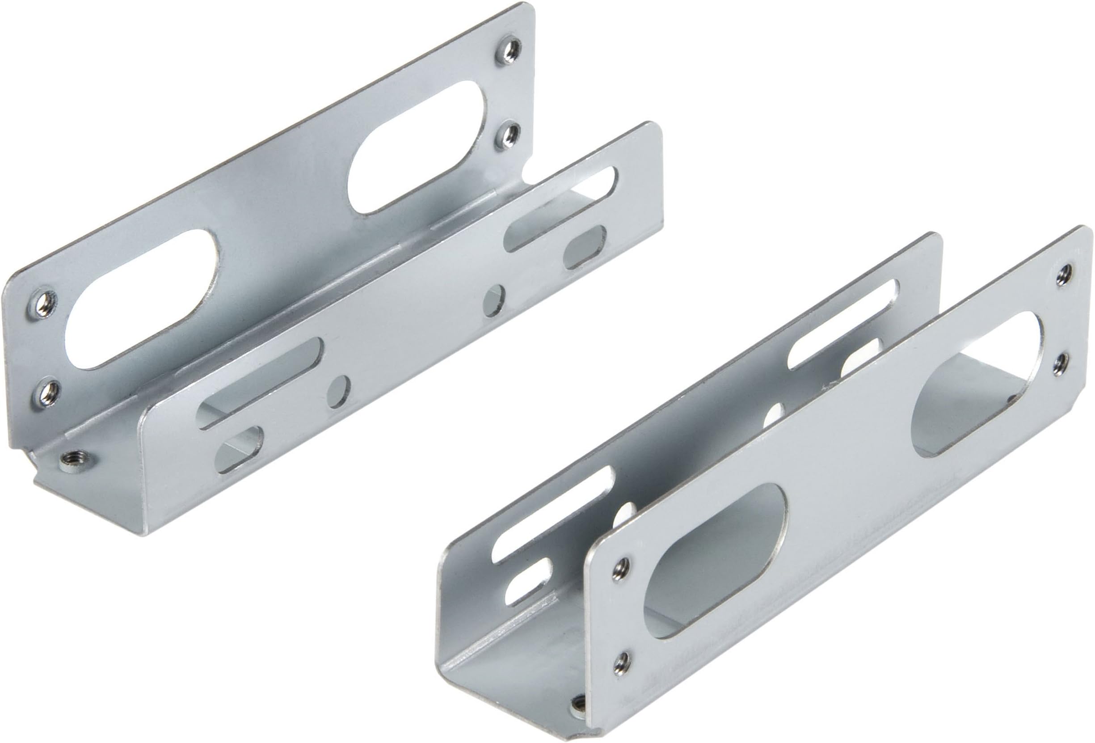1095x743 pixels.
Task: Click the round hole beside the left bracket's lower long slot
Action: [338, 391]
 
